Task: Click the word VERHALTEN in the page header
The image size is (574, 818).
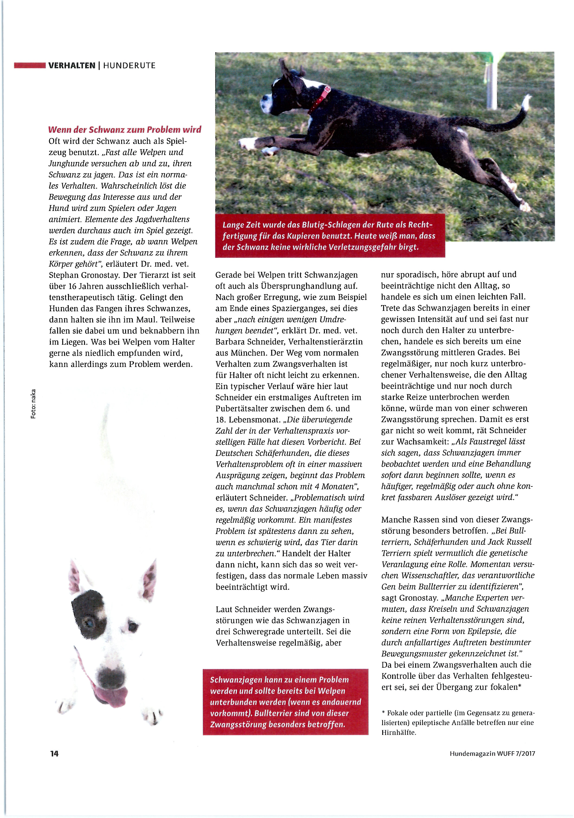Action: (72, 66)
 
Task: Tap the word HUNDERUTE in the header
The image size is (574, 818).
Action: (129, 66)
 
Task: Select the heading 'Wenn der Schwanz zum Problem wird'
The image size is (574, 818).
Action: (125, 129)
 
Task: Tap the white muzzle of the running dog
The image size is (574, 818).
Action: (265, 104)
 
